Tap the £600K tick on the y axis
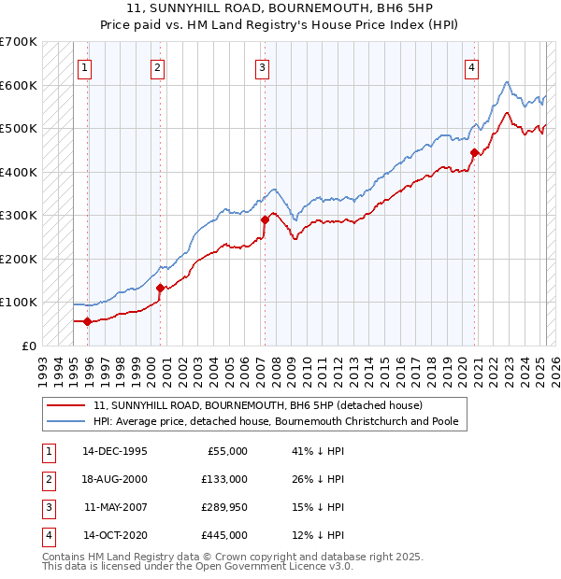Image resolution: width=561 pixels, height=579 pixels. pos(19,85)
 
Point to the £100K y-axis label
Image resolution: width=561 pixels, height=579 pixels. pos(19,303)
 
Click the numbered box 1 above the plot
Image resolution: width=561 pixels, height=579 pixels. pos(85,67)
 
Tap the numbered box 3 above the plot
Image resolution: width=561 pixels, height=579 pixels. pos(263,67)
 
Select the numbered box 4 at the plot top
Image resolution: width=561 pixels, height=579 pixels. pos(473,67)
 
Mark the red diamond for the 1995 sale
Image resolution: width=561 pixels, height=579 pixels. pos(88,322)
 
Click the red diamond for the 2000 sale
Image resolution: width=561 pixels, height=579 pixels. pos(160,288)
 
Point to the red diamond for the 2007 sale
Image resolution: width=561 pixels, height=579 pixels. pos(265,220)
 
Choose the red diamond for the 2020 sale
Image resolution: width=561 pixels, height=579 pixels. pos(475,152)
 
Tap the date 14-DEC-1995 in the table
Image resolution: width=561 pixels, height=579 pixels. pos(114,451)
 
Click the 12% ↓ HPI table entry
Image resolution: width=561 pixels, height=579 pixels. pos(318,535)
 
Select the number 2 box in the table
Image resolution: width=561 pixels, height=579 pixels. pos(47,479)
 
